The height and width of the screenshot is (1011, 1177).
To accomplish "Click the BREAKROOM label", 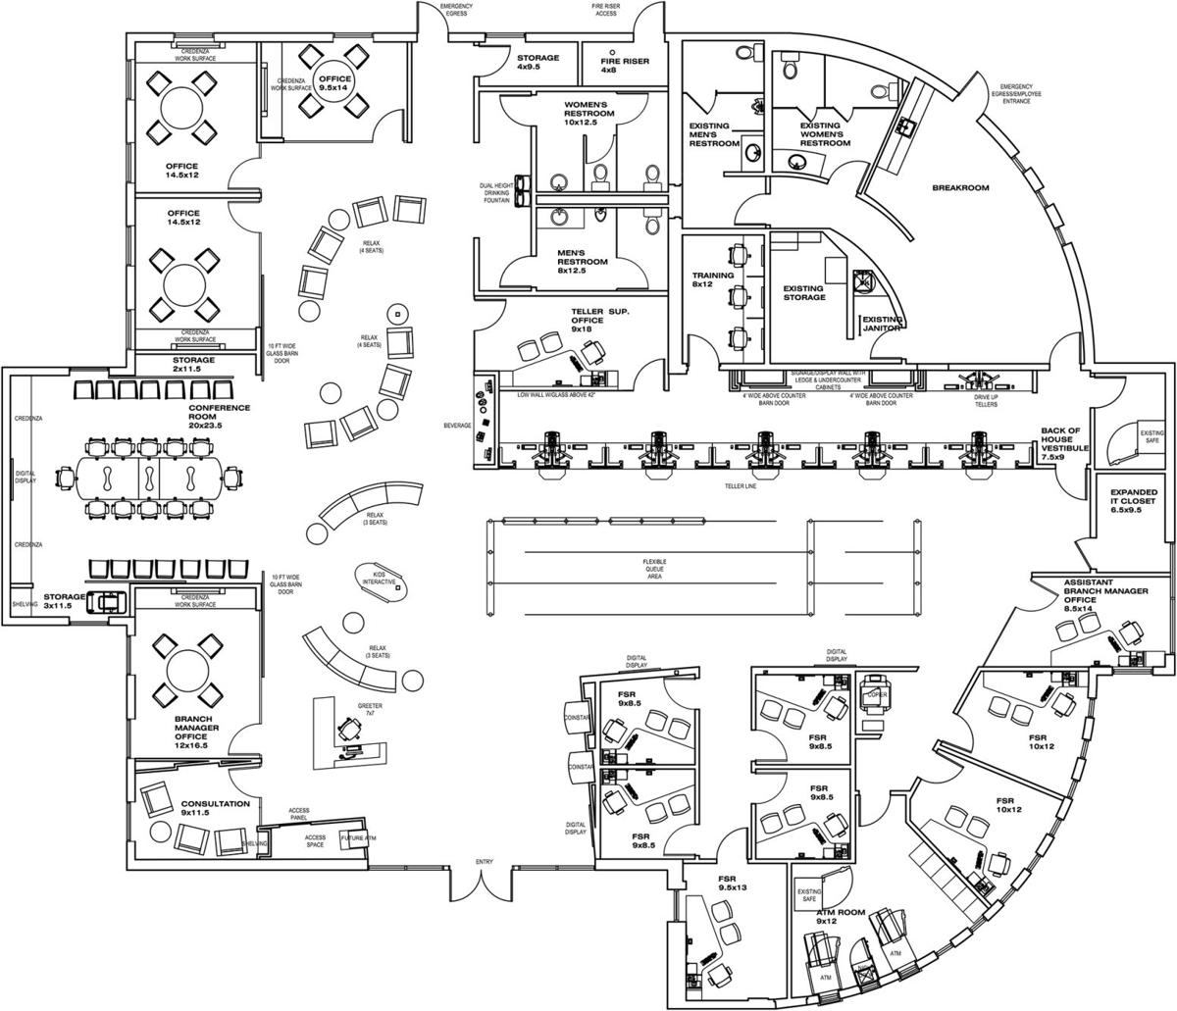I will click(x=959, y=187).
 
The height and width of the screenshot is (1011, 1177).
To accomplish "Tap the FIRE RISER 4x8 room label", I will click(x=622, y=64).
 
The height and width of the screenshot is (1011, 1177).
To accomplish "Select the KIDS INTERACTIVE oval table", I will click(x=379, y=580).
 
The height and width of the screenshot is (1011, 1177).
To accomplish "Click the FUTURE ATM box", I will click(x=356, y=839).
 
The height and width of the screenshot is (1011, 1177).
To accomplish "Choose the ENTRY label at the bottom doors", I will click(x=484, y=862).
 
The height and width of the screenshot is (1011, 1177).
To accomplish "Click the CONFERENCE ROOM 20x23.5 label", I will click(x=219, y=416).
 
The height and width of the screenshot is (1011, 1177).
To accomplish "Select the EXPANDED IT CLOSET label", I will click(x=1134, y=501).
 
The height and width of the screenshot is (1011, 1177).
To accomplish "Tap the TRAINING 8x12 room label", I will click(x=713, y=280).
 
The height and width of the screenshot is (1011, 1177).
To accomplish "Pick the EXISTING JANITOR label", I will click(x=882, y=324).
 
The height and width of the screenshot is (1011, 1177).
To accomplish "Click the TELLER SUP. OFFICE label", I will click(x=599, y=320).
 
